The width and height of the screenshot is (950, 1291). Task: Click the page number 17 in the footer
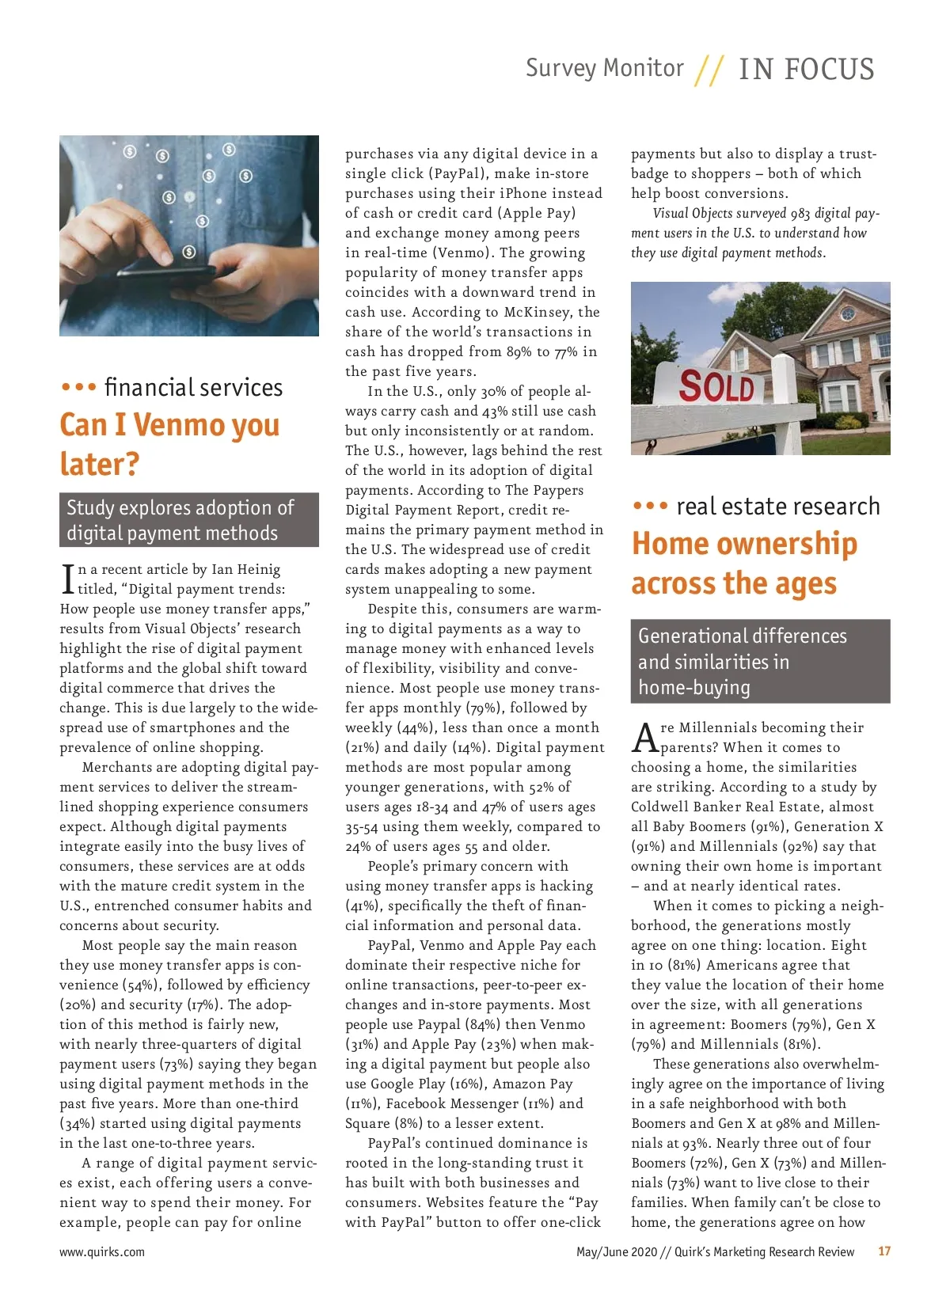point(884,1251)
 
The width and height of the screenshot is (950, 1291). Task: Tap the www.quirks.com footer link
point(102,1252)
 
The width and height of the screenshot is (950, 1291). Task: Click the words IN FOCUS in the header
point(806,70)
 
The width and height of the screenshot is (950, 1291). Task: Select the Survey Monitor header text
point(605,68)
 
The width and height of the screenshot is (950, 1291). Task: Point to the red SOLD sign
point(716,386)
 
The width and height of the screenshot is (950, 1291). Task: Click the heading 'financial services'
point(193,387)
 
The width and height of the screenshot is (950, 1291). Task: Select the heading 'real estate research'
point(777,507)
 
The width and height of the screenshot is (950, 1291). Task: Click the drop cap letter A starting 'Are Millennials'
point(645,737)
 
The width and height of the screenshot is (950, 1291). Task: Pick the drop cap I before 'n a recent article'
point(67,579)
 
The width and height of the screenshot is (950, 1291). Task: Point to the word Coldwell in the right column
point(659,807)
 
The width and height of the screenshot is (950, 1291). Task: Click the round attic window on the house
point(848,314)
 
